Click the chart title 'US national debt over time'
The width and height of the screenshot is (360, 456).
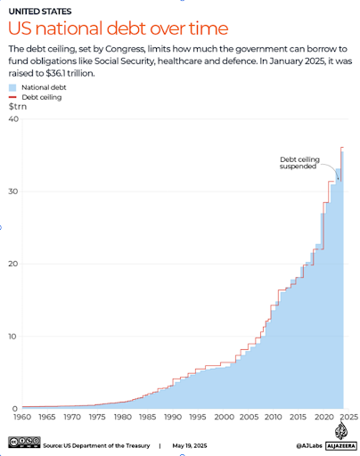(118, 28)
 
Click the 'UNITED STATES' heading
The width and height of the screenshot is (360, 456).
(40, 12)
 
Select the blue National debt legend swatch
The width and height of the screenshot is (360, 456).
(12, 87)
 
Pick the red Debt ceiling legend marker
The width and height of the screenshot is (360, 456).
(12, 97)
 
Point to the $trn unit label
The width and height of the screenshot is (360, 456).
(18, 106)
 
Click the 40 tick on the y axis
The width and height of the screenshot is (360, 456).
(13, 118)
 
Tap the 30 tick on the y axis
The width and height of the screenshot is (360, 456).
(13, 191)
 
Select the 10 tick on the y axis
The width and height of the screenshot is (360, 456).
(12, 337)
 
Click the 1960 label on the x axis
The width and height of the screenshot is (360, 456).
(22, 417)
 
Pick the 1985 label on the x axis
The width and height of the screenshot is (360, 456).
(148, 417)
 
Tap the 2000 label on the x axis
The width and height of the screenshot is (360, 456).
(225, 417)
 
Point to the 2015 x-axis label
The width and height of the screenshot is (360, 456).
(298, 417)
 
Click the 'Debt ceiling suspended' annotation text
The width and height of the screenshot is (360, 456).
(299, 163)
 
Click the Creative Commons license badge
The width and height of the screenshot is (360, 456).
(24, 443)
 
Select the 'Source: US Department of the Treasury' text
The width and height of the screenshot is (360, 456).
(96, 445)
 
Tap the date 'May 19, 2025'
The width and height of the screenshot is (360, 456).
(190, 445)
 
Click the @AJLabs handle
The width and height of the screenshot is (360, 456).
(309, 445)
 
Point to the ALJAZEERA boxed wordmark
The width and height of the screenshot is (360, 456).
(341, 445)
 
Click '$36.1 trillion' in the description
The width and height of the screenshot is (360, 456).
(70, 73)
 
